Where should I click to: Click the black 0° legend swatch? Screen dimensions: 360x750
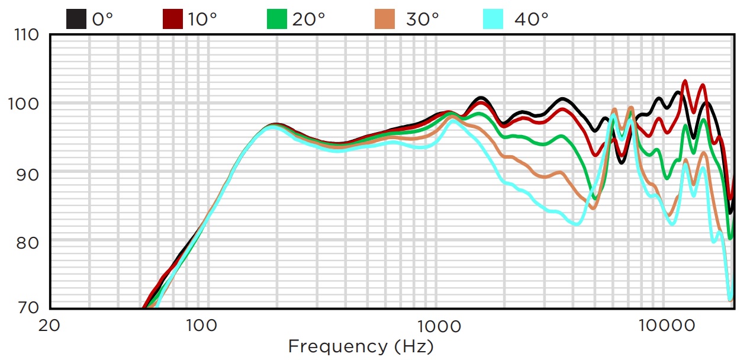(76, 19)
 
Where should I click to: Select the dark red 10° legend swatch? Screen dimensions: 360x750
(172, 19)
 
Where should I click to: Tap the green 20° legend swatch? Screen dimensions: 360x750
(276, 19)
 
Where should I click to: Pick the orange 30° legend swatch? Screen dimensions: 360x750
(385, 19)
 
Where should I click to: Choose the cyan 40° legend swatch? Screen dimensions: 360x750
(493, 19)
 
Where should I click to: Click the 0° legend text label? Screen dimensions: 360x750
(102, 20)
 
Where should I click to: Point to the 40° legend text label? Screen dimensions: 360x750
(531, 20)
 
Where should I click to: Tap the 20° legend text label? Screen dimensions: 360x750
(308, 20)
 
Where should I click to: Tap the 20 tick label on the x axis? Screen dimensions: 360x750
(50, 326)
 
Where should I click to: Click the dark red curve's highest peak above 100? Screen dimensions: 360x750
(685, 81)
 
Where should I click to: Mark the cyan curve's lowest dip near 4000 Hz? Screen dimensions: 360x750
(577, 224)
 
